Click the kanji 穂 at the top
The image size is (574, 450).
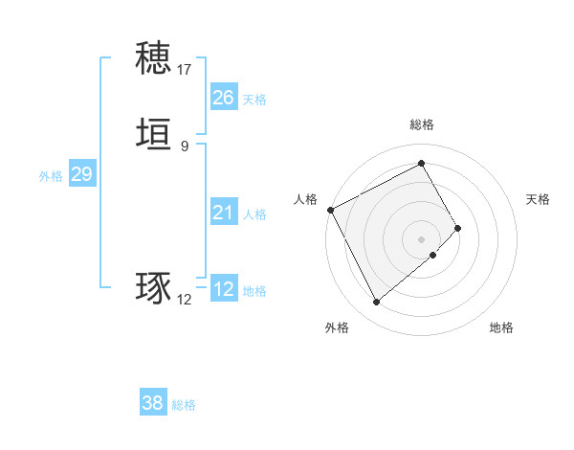[x=154, y=58]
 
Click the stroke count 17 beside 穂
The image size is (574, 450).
[x=185, y=69]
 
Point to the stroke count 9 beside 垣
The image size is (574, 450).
[x=185, y=146]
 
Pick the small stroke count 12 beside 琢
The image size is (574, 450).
[x=185, y=300]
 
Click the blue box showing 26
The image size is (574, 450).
[x=223, y=98]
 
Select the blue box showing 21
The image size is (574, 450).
[x=223, y=213]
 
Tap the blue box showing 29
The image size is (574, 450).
[x=81, y=174]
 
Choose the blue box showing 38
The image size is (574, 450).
[x=152, y=403]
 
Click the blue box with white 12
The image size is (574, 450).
[x=223, y=289]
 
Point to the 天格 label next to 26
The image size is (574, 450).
[x=254, y=100]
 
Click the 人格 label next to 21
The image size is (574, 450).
[x=254, y=214]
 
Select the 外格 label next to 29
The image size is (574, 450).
[x=51, y=176]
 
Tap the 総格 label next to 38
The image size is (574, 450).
[x=184, y=405]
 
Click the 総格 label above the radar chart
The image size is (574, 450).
[x=422, y=124]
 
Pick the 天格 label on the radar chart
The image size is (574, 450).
[x=538, y=199]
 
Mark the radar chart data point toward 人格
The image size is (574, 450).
[x=330, y=210]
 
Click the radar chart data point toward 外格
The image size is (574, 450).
[x=376, y=303]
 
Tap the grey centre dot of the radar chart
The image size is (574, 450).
[x=422, y=238]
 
